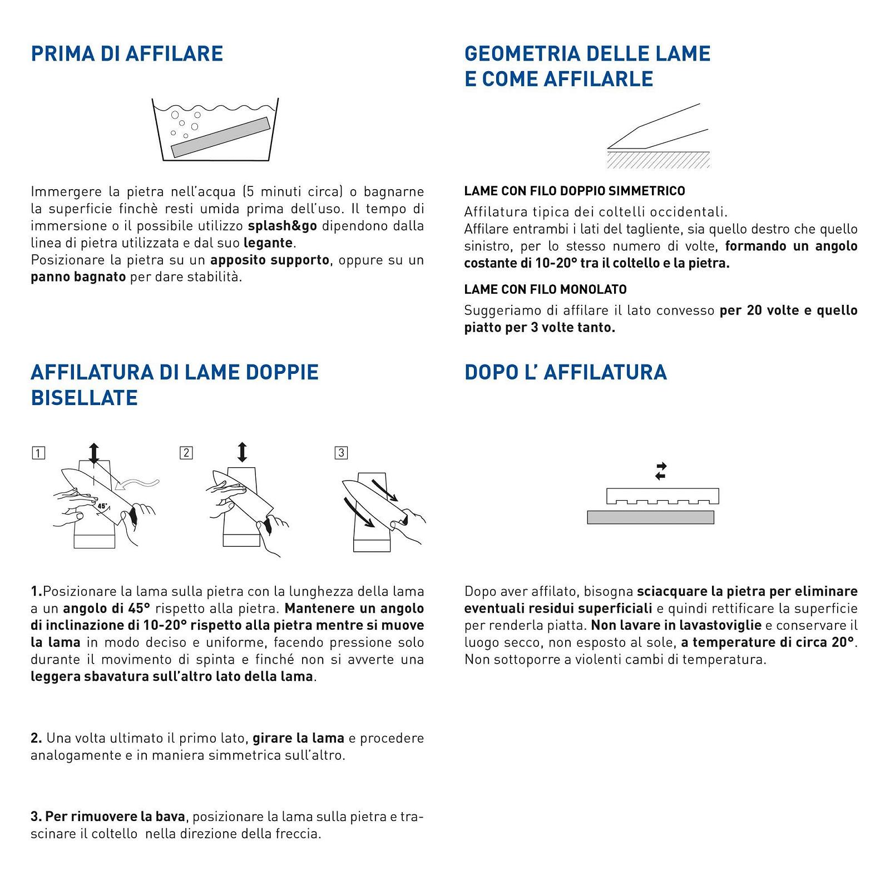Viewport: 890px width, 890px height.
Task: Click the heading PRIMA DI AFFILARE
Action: pyautogui.click(x=127, y=54)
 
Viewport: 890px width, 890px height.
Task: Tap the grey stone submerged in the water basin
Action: pyautogui.click(x=220, y=137)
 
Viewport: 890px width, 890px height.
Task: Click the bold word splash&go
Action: pyautogui.click(x=283, y=226)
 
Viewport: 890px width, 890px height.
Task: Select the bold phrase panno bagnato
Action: pyautogui.click(x=78, y=277)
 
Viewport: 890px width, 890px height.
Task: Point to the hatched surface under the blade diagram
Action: pyautogui.click(x=658, y=160)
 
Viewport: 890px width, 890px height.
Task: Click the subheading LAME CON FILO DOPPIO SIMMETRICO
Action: pyautogui.click(x=575, y=191)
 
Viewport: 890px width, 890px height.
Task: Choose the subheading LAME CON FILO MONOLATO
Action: pyautogui.click(x=545, y=289)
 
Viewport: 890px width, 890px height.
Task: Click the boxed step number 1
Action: pyautogui.click(x=38, y=453)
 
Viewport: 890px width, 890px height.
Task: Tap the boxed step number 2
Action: pyautogui.click(x=186, y=453)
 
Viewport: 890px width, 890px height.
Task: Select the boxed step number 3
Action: pyautogui.click(x=341, y=453)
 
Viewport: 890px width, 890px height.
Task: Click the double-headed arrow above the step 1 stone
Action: pyautogui.click(x=93, y=453)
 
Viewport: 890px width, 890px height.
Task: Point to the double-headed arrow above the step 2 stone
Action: pyautogui.click(x=242, y=452)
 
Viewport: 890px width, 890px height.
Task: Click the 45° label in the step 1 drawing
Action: pyautogui.click(x=102, y=506)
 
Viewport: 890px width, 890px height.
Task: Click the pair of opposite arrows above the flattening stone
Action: pyautogui.click(x=660, y=471)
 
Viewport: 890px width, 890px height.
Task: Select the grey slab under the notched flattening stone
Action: pyautogui.click(x=650, y=517)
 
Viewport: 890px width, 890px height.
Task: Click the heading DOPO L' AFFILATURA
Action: pyautogui.click(x=565, y=372)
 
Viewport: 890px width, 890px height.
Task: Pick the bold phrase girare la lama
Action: pyautogui.click(x=298, y=738)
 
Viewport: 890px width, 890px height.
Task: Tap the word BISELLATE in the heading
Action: pyautogui.click(x=84, y=398)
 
